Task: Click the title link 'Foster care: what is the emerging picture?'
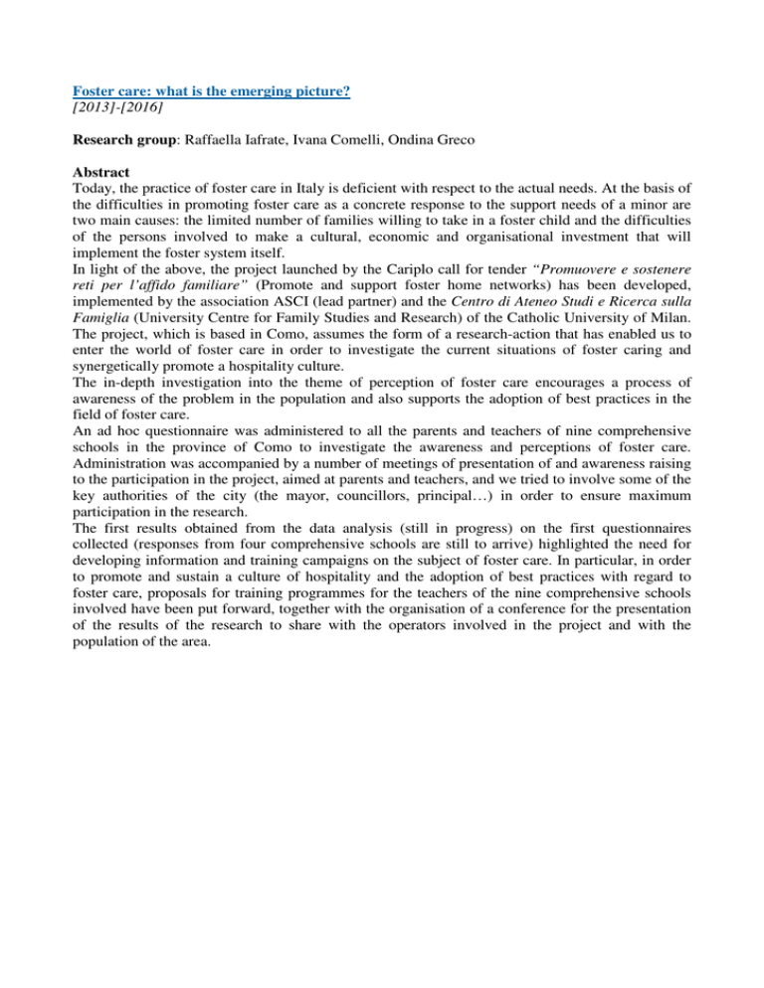pyautogui.click(x=221, y=90)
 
